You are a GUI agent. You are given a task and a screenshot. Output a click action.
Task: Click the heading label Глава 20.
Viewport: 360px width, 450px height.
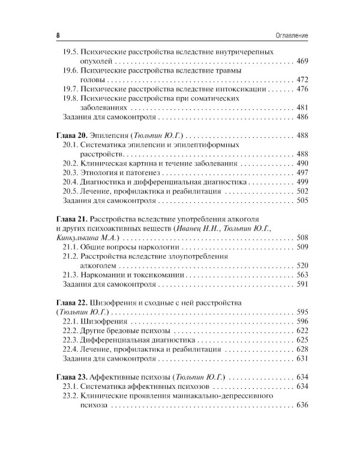coord(69,136)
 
